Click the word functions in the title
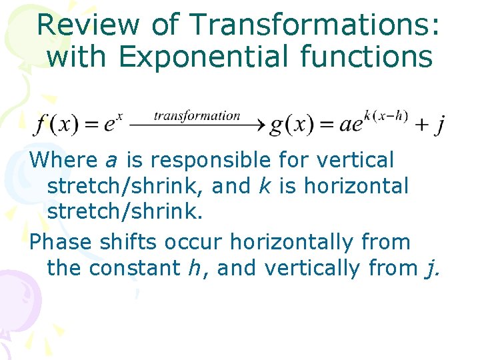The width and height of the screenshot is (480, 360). click(x=367, y=57)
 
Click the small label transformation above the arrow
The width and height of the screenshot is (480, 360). click(x=197, y=115)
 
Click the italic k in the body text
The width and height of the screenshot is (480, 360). click(x=264, y=187)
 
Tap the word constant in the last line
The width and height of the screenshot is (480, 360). click(x=134, y=268)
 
